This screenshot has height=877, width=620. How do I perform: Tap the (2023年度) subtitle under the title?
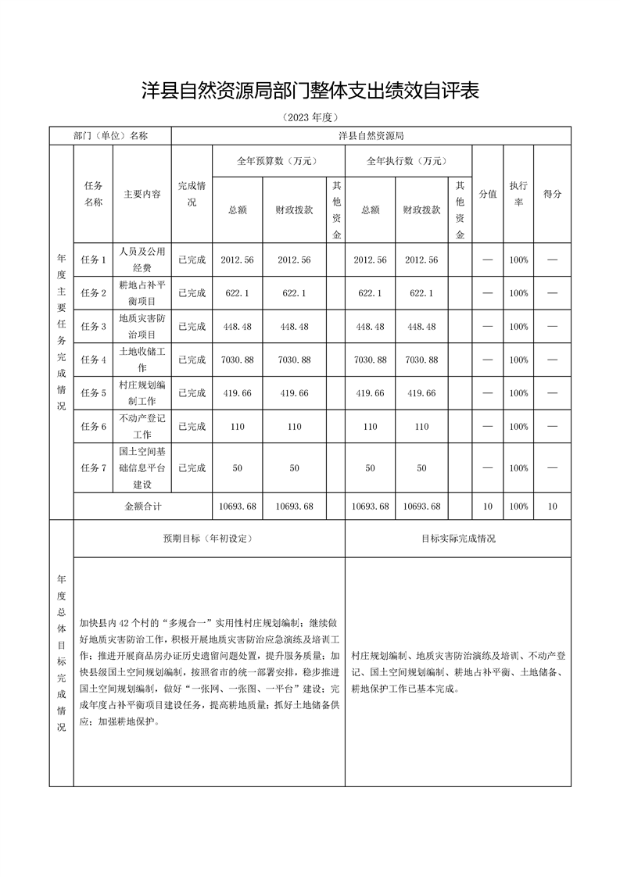click(x=310, y=117)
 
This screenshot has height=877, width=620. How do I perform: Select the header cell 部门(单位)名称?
click(x=109, y=135)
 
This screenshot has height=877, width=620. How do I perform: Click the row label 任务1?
click(x=93, y=260)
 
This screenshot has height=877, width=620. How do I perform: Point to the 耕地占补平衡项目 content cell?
click(x=142, y=292)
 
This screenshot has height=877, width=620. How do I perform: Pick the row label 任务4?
click(x=93, y=360)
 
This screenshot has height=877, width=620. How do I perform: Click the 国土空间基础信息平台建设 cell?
click(x=142, y=467)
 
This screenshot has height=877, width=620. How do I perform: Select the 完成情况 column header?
click(x=192, y=194)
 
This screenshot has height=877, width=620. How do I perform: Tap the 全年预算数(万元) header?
click(x=278, y=161)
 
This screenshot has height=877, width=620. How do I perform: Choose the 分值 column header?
click(x=487, y=194)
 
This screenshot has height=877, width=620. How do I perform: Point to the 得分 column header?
click(x=552, y=194)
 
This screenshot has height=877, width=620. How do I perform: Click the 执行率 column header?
click(x=518, y=194)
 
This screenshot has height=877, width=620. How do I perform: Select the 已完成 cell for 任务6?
click(x=192, y=427)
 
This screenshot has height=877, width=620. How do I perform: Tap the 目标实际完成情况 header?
click(x=457, y=539)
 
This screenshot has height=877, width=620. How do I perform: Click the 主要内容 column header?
click(x=142, y=194)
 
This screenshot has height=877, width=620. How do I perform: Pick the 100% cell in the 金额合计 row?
click(x=518, y=506)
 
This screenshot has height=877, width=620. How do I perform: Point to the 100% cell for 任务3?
click(x=518, y=326)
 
